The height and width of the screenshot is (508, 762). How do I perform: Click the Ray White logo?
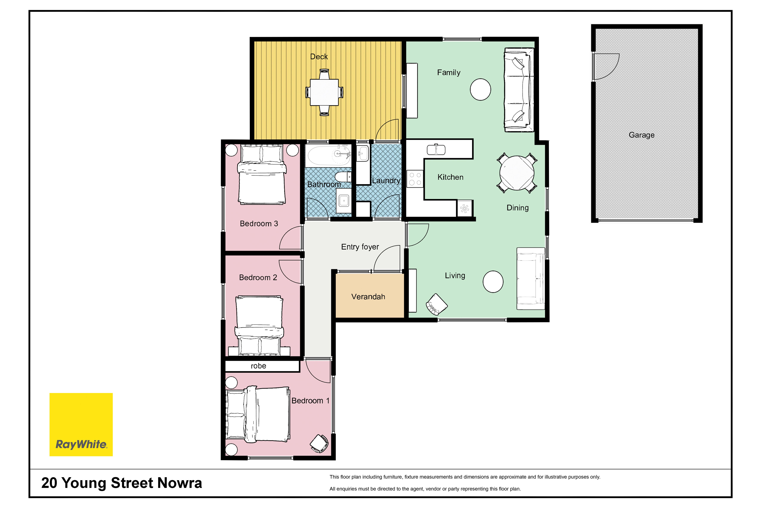pos(81,424)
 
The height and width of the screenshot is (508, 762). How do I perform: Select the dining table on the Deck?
pos(324,92)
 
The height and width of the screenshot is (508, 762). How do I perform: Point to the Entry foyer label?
pos(360,247)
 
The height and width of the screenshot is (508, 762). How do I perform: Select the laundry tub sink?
pos(363,153)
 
